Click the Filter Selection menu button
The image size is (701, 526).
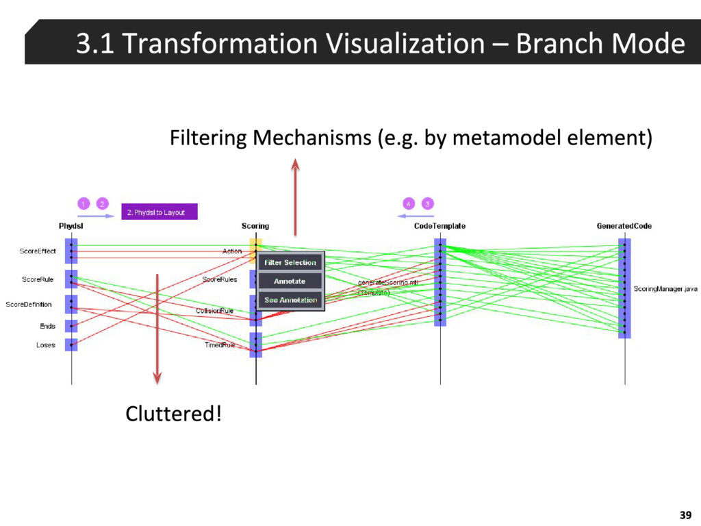[x=290, y=262]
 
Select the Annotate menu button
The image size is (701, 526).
[x=290, y=281]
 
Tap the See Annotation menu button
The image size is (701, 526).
[x=290, y=300]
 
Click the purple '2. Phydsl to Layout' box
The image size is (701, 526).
[x=159, y=212]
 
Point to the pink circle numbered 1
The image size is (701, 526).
[x=83, y=203]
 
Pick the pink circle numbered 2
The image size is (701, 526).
[x=101, y=203]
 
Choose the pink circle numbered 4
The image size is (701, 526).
[x=409, y=203]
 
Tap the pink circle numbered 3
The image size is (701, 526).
[x=427, y=203]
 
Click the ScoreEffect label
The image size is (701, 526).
[x=38, y=251]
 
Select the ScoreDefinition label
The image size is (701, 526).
[x=29, y=305]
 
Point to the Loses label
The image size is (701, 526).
[x=46, y=345]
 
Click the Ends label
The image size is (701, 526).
[x=47, y=326]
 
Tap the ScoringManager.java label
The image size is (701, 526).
[x=665, y=289]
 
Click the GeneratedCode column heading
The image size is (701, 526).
[x=624, y=226]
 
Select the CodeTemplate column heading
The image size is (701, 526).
[x=440, y=226]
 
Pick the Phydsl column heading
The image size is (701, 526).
[x=71, y=226]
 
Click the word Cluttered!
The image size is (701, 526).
[x=173, y=414]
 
